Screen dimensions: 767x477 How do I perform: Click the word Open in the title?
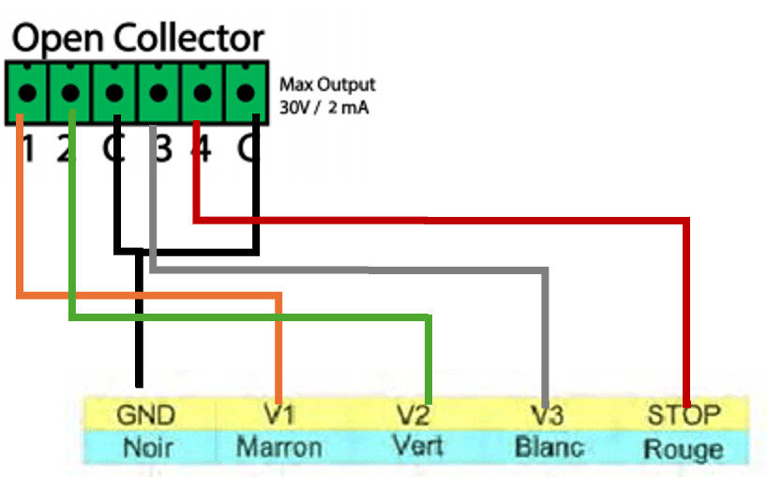[57, 39]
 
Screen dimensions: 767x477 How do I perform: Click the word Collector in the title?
[188, 38]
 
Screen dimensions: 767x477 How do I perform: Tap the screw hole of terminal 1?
[27, 92]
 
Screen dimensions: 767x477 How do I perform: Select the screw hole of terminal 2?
[71, 92]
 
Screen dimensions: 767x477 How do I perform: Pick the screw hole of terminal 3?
[158, 92]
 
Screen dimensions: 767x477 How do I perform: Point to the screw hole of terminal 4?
[202, 92]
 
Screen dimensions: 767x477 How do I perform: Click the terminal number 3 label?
[164, 149]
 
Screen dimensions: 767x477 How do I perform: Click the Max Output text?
[327, 85]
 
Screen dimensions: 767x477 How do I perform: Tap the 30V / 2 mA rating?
[323, 107]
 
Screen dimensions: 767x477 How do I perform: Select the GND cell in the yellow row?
[145, 415]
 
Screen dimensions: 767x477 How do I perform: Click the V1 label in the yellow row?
[279, 415]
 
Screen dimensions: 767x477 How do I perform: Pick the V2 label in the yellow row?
[414, 415]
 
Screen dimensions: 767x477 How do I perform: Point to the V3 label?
[548, 415]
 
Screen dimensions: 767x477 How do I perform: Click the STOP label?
[684, 415]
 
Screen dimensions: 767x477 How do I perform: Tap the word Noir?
[148, 448]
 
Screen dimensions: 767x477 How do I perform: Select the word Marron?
[278, 448]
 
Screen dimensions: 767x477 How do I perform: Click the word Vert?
[418, 446]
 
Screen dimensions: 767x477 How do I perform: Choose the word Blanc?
[549, 448]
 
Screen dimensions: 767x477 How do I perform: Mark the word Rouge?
[683, 449]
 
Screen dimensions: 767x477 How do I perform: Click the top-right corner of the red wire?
[686, 221]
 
